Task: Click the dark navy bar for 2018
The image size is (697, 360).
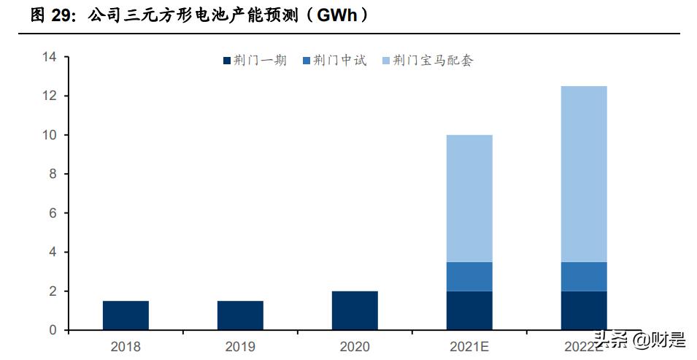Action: (x=126, y=315)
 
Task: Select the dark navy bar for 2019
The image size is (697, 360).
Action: (x=240, y=315)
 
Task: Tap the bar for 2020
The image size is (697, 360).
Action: (x=355, y=310)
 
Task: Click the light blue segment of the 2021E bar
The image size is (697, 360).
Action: (x=469, y=198)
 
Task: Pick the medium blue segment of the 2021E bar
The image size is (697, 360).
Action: (x=469, y=276)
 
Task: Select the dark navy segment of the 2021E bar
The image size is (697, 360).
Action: (x=469, y=310)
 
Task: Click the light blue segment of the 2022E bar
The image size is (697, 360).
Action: (x=584, y=174)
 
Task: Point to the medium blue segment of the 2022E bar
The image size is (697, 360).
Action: (x=584, y=276)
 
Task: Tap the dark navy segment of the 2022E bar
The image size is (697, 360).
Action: (x=584, y=310)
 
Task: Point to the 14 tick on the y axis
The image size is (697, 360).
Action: (x=50, y=57)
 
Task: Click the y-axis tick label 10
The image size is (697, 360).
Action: (x=50, y=135)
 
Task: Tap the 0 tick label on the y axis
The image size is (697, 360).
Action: (x=53, y=330)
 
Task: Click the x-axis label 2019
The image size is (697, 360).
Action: (x=240, y=346)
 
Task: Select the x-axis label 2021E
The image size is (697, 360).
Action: (x=469, y=346)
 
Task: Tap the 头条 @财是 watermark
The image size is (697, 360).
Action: (x=639, y=340)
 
